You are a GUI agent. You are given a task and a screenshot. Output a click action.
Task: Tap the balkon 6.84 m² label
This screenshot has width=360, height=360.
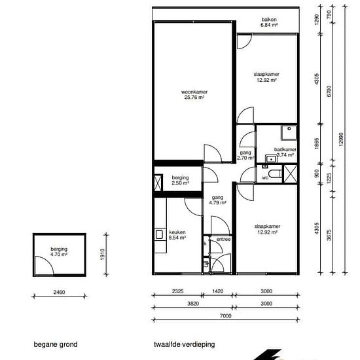269,22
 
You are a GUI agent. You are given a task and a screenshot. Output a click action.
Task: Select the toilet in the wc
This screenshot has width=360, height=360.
276,174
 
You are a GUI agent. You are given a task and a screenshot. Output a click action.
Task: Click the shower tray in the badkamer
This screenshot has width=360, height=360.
289,133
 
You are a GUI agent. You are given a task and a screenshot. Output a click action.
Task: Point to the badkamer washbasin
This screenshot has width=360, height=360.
271,158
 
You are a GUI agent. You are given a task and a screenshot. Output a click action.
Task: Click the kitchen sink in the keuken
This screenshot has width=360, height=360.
159,234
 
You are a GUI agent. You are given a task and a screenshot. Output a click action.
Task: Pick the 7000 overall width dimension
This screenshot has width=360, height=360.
226,316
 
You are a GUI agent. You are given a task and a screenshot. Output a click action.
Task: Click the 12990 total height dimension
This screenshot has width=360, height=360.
341,139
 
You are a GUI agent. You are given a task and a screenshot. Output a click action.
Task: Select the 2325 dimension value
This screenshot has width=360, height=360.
177,291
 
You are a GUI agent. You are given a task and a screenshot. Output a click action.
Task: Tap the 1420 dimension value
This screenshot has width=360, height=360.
218,291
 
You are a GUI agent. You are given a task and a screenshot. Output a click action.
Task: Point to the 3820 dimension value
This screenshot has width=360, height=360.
193,304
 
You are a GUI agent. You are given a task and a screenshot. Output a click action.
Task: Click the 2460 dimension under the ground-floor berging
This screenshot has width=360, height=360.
59,292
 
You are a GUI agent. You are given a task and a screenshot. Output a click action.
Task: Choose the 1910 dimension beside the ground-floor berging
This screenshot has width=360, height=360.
102,255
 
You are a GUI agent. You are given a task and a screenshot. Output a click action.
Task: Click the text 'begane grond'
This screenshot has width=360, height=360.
56,344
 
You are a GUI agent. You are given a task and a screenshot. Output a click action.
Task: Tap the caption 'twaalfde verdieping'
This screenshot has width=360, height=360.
185,344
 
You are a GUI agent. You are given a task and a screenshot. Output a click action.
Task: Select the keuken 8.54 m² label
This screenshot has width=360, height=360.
177,235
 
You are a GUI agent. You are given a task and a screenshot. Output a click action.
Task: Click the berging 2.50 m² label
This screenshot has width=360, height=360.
180,180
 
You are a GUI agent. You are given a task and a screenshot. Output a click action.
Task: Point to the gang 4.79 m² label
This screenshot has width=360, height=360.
218,200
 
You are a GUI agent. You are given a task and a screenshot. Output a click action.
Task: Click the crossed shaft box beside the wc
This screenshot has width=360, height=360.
291,174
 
